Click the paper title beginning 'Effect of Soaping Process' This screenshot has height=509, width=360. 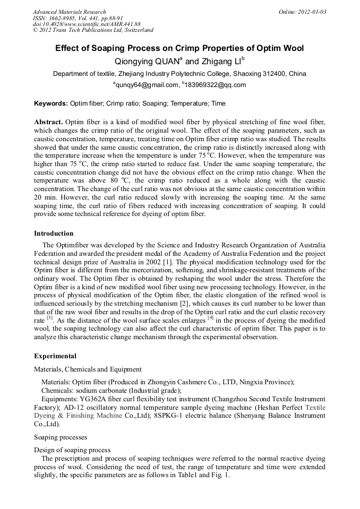click(x=179, y=48)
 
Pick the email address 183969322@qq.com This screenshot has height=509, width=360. click(x=216, y=85)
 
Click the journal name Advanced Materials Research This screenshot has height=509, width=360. click(x=69, y=12)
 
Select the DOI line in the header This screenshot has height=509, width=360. click(x=87, y=24)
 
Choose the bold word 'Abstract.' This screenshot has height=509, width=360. click(x=49, y=122)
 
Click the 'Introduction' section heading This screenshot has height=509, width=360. click(x=54, y=234)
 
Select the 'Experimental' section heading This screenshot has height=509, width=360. click(x=55, y=356)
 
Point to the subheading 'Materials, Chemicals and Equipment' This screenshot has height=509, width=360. click(x=87, y=369)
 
